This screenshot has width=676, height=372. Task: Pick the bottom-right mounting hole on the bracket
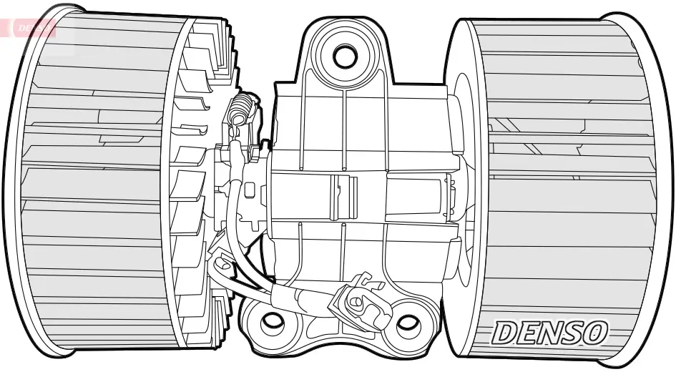[407, 323]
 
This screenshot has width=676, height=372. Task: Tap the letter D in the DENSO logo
[505, 333]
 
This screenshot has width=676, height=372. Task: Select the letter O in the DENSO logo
[594, 333]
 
